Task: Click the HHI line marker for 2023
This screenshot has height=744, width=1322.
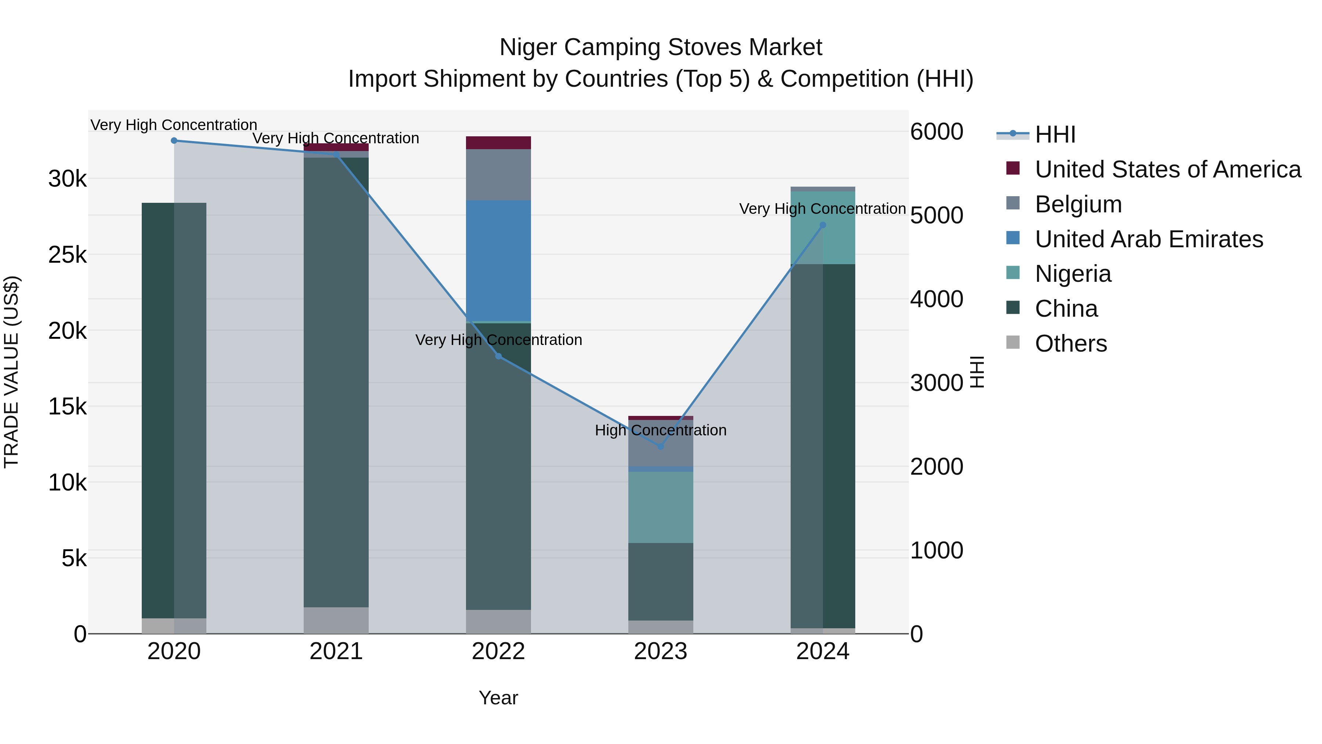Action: pos(661,446)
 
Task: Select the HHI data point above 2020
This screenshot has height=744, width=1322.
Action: pos(174,140)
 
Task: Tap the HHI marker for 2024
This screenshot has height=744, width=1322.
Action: pos(823,225)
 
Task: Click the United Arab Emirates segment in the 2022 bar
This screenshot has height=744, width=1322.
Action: pos(498,260)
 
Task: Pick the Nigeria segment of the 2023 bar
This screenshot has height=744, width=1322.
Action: pos(661,507)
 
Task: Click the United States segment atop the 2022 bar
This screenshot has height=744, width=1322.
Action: pos(498,142)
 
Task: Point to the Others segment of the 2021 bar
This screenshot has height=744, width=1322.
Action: pos(336,620)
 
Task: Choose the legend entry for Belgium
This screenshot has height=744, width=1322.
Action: pos(1078,204)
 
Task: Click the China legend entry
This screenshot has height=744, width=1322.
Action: pos(1066,309)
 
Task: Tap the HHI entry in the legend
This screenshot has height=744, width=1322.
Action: pos(1055,134)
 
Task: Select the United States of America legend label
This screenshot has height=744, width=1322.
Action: pos(1167,169)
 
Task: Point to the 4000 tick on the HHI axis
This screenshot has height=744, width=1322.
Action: pos(936,299)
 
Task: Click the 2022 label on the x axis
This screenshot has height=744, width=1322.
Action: pos(498,651)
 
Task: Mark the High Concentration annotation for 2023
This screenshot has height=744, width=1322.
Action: pos(661,430)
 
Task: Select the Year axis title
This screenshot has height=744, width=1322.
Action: pos(498,698)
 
